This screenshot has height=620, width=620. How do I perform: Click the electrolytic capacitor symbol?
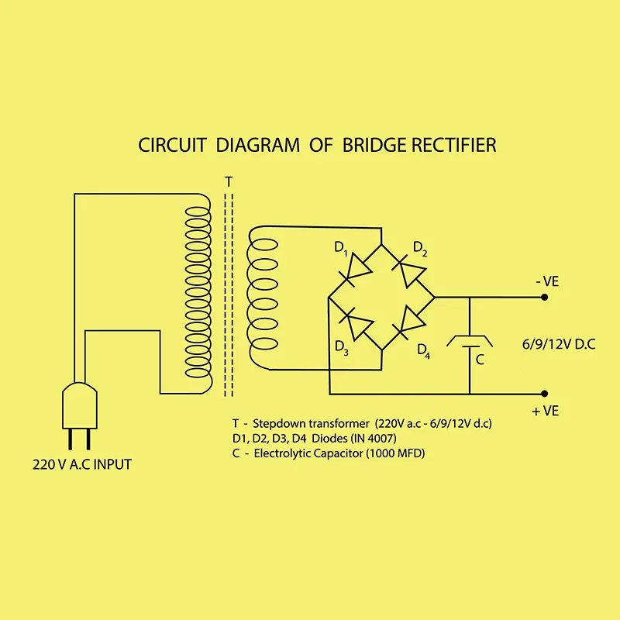[x=470, y=340]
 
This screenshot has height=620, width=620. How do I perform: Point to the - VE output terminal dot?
[x=546, y=297]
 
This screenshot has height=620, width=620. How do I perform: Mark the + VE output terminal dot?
[x=546, y=393]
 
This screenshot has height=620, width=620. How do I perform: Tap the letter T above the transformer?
[x=228, y=181]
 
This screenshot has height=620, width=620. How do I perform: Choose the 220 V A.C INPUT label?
[x=82, y=465]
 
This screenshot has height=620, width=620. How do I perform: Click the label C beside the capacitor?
[x=480, y=360]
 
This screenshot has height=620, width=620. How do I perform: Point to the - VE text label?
[x=546, y=282]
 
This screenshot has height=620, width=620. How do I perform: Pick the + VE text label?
[x=546, y=411]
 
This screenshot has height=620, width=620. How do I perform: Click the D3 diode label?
[x=342, y=346]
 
